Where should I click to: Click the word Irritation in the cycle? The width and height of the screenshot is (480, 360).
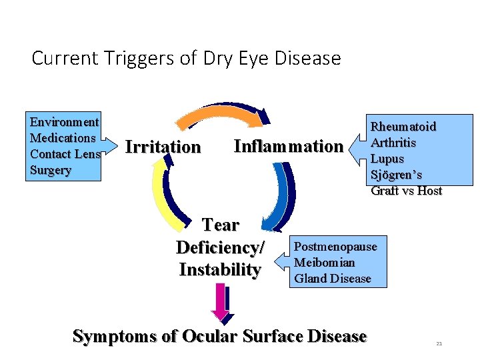pos(163,147)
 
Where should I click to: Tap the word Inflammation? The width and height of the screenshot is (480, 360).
pos(288,146)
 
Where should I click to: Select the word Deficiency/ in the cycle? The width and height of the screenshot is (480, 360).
pos(220,247)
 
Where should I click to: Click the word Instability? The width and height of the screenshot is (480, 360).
pos(220,270)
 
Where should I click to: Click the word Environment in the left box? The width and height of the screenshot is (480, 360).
pos(65,122)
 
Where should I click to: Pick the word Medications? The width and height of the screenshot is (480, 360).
pos(63,138)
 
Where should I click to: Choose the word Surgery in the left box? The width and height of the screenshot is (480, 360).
pos(51,170)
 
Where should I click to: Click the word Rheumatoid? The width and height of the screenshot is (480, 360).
pos(403,127)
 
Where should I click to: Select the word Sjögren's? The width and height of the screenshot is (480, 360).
pos(396,175)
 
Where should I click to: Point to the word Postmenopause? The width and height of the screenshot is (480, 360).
pos(335,247)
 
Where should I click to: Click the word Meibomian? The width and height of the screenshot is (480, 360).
pos(324,263)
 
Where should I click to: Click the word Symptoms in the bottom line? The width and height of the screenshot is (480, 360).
pos(115,336)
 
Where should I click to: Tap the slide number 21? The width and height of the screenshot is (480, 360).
pos(439,344)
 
